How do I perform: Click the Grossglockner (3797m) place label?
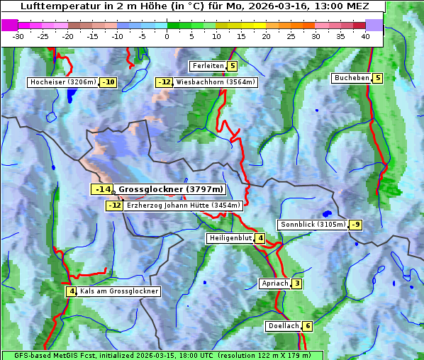coord(170,189)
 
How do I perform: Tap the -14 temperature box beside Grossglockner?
coord(102,189)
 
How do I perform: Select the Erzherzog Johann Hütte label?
coord(183,206)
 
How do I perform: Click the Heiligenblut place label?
coord(230,238)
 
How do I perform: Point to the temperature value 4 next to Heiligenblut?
coord(260,238)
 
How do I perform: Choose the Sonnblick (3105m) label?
coord(313,225)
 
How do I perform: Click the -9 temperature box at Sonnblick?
coord(355,225)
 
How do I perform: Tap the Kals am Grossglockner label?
coord(118,291)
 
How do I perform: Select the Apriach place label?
coord(275,283)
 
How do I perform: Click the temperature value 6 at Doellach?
coord(307,326)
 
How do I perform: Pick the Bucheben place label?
coord(352,78)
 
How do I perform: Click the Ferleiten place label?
coord(208,66)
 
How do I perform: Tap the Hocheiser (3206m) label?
coord(63,82)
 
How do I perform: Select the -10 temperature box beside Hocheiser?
coord(108,82)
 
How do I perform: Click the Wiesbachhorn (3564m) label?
coord(216,82)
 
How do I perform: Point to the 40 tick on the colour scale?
coord(365,36)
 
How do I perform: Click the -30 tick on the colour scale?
coord(18,36)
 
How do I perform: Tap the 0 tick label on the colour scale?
coord(167,36)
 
